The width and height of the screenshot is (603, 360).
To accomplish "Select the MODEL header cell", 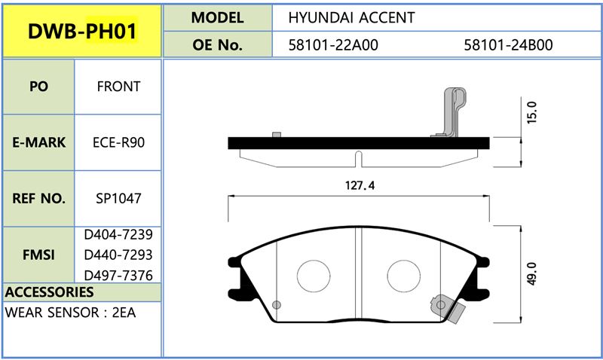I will click(x=217, y=17).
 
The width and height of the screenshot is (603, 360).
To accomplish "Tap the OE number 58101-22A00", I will click(x=333, y=44).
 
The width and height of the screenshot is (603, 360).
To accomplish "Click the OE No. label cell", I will click(x=217, y=44).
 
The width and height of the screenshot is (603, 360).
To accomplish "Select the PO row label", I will click(x=38, y=87).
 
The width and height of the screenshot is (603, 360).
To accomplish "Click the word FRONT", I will click(x=118, y=87).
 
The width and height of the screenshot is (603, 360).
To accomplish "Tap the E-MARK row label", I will click(x=38, y=142).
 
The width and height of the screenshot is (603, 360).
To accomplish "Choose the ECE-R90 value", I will click(x=118, y=142).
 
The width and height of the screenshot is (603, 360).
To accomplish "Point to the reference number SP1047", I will click(x=118, y=199).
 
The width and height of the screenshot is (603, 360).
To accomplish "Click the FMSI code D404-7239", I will click(x=118, y=236).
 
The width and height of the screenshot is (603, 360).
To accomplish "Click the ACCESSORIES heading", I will click(x=49, y=291).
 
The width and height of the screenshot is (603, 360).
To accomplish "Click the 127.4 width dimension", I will click(x=359, y=186).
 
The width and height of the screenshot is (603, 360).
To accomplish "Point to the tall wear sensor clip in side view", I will click(x=452, y=113).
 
